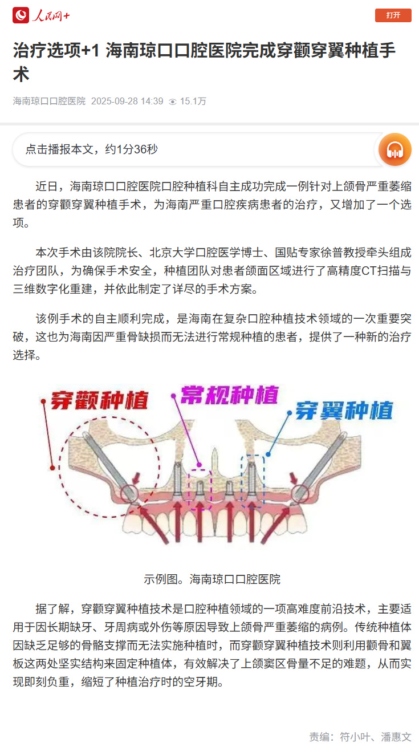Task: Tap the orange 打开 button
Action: (393, 15)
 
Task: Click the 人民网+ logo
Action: (42, 15)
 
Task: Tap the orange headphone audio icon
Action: (395, 149)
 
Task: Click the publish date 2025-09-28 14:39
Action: (127, 102)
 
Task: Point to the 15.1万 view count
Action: (193, 102)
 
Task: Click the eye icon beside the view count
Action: (173, 102)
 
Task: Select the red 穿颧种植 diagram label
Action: (100, 400)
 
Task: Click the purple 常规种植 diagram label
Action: (230, 395)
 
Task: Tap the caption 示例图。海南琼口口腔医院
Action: (212, 579)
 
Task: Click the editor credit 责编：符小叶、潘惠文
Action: (360, 736)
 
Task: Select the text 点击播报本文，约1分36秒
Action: (91, 149)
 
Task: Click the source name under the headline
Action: (49, 102)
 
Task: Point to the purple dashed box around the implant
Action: (200, 486)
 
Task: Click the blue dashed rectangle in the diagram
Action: (251, 481)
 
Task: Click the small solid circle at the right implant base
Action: (300, 494)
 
